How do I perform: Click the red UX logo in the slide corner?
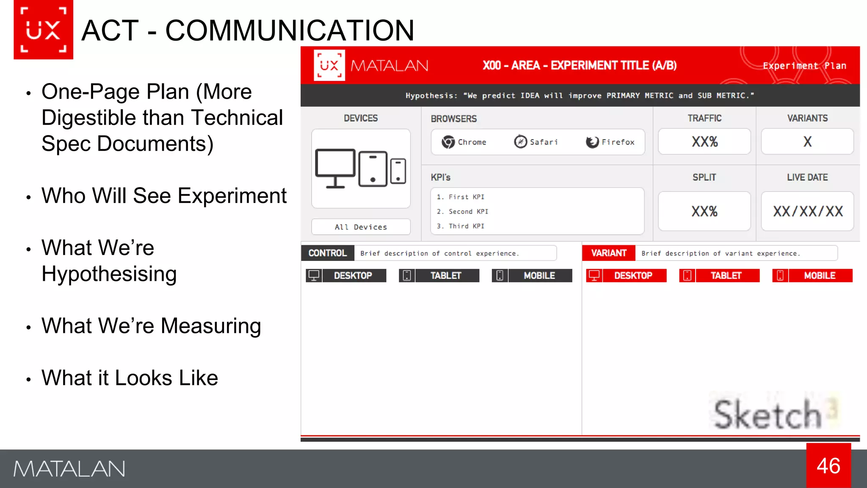43,30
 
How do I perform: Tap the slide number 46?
828,466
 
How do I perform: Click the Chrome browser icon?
448,142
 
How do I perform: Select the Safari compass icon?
520,141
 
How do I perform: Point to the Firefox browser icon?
592,142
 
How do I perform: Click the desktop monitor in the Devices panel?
335,168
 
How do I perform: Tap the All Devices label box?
361,227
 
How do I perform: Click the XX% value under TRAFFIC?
704,141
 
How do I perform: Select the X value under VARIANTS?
807,141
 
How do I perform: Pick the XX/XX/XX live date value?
807,211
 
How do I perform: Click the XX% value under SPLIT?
704,211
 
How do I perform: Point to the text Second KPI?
468,211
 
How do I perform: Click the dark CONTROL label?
327,253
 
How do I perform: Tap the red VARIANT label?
608,253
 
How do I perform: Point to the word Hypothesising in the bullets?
109,274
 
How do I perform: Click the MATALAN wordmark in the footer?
69,469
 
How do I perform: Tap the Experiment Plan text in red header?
804,66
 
